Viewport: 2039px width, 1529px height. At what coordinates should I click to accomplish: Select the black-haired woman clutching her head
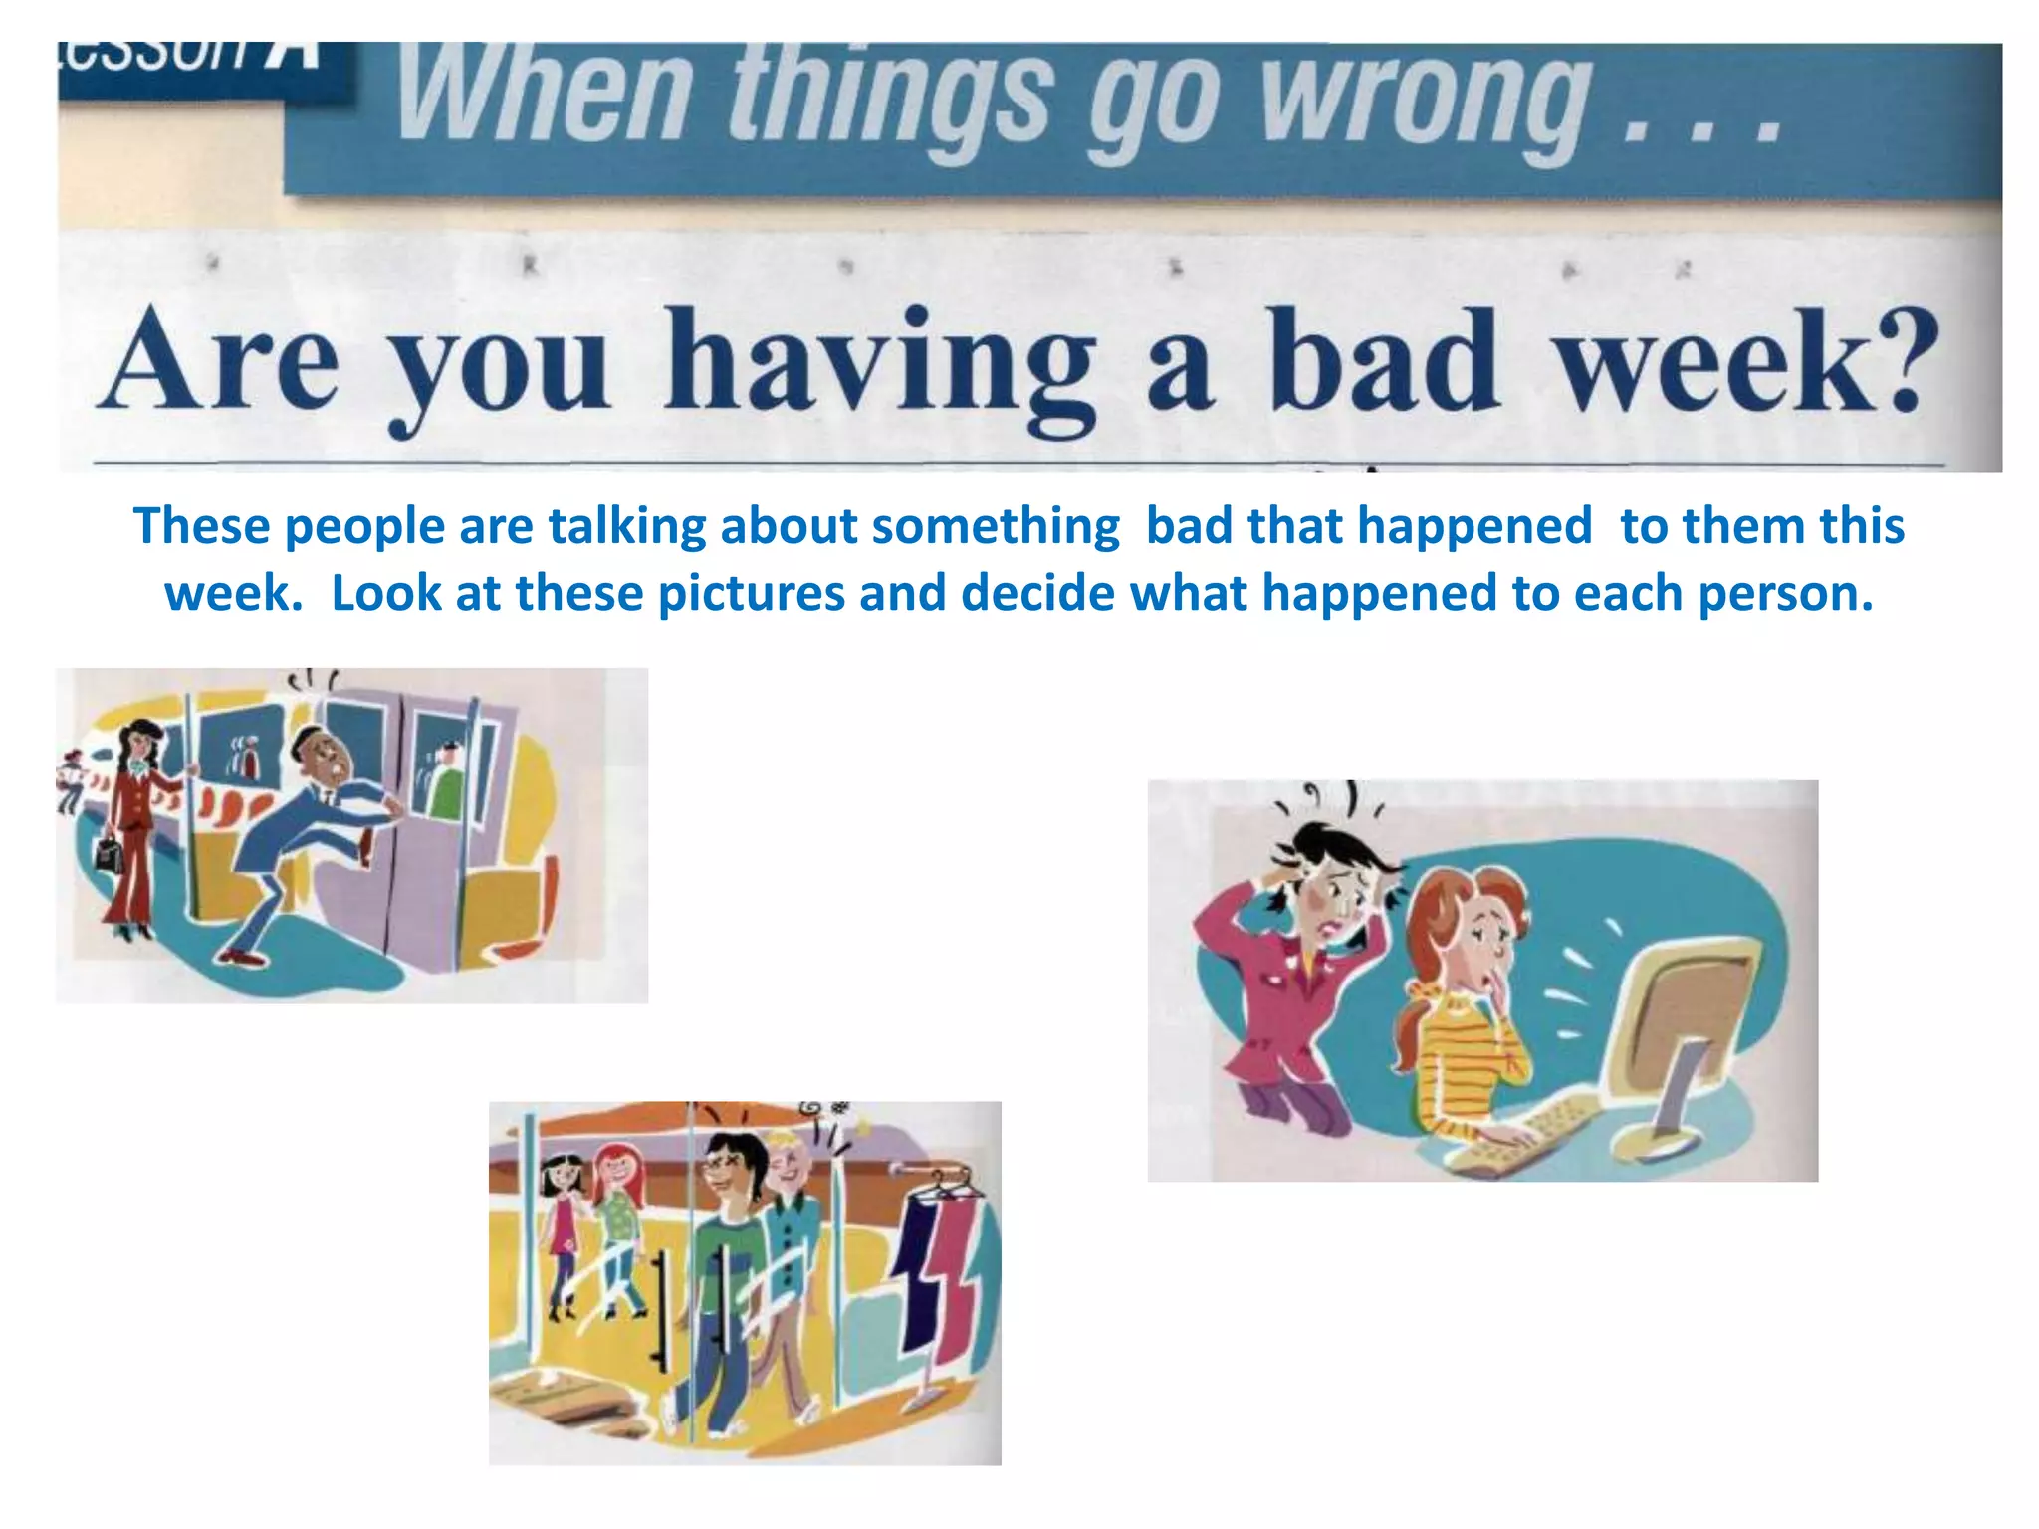pos(1299,956)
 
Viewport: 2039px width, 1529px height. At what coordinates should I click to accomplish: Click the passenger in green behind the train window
pos(446,781)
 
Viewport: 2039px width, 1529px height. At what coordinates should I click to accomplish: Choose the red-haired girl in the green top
pos(617,1224)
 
